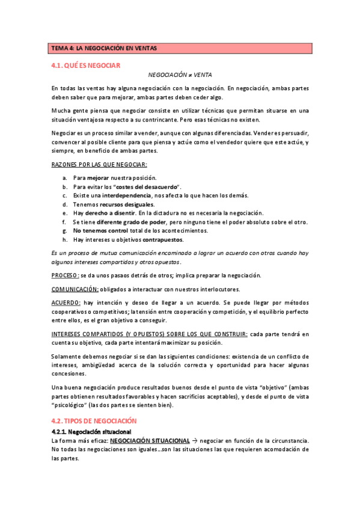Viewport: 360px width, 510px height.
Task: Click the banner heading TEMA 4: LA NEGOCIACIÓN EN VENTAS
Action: click(104, 48)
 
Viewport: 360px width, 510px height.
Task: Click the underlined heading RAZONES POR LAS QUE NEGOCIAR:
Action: click(99, 164)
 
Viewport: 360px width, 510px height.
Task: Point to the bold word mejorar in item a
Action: click(98, 178)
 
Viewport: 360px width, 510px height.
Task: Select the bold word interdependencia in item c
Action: click(127, 195)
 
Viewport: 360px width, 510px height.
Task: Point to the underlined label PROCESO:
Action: click(65, 275)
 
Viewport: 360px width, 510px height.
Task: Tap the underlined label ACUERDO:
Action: click(66, 303)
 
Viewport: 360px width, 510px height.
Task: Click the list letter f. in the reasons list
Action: click(64, 222)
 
